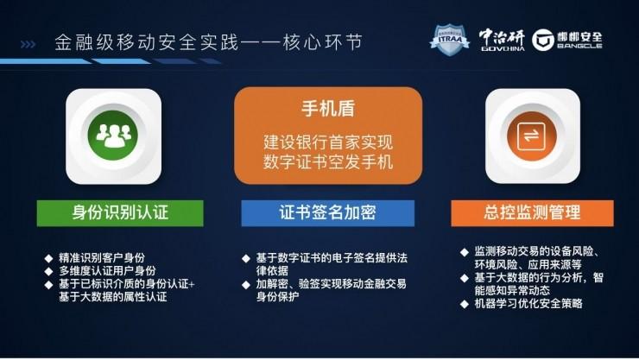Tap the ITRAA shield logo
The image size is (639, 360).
(449, 39)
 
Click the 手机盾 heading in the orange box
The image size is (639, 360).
(328, 111)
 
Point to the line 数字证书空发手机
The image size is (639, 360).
(328, 161)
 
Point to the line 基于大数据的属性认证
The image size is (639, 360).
(112, 297)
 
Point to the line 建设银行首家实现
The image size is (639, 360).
(328, 141)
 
